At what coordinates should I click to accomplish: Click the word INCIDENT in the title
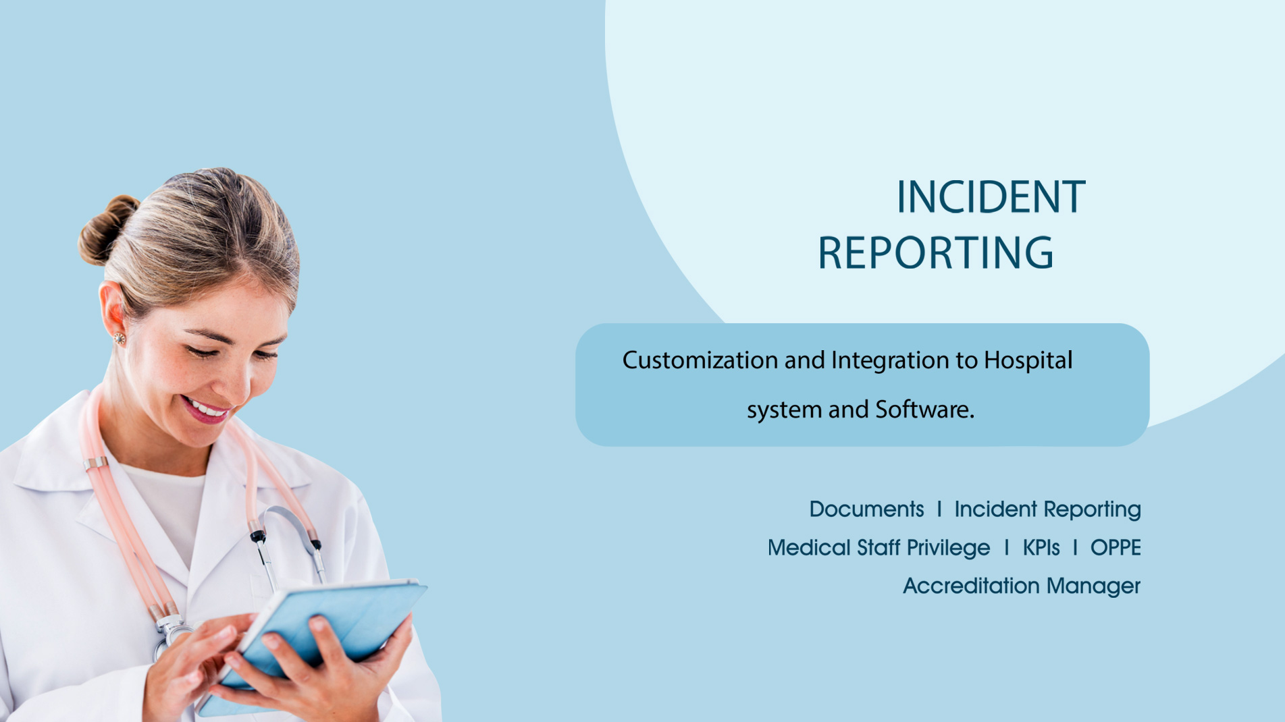coord(991,198)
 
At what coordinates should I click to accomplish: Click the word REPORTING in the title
coord(935,253)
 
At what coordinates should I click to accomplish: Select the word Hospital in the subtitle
coord(1028,360)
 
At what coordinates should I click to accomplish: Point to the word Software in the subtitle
coord(924,409)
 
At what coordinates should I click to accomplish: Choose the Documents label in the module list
coord(866,509)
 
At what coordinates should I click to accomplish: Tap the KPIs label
coord(1041,547)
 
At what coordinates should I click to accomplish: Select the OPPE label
coord(1116,547)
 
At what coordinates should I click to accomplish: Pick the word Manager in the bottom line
coord(1093,586)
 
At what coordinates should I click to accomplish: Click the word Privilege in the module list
coord(948,548)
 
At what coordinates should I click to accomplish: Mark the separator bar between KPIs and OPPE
coord(1075,547)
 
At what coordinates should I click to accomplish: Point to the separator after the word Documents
coord(939,509)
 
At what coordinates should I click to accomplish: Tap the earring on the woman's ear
coord(120,338)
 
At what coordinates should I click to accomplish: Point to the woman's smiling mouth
coord(205,409)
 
